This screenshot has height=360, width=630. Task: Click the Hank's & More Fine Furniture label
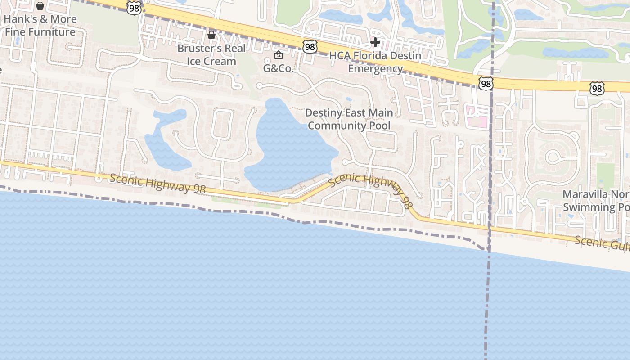point(40,26)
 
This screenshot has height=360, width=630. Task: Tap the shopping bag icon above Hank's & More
point(40,6)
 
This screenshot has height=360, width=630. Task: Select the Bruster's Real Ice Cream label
point(211,55)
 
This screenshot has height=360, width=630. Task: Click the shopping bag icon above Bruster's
point(211,35)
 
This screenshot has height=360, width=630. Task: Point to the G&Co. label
point(279,69)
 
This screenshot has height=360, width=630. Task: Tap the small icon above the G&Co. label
point(279,55)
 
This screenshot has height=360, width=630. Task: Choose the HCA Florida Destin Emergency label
point(375,62)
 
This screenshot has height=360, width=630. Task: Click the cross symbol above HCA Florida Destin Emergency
point(375,42)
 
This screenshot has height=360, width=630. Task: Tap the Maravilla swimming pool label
point(596,201)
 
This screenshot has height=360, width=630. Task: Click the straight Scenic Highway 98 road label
point(157,184)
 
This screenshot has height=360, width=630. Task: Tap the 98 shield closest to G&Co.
point(310,47)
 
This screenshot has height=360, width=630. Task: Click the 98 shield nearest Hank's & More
point(134,8)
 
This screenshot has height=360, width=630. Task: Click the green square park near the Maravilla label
point(605,175)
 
